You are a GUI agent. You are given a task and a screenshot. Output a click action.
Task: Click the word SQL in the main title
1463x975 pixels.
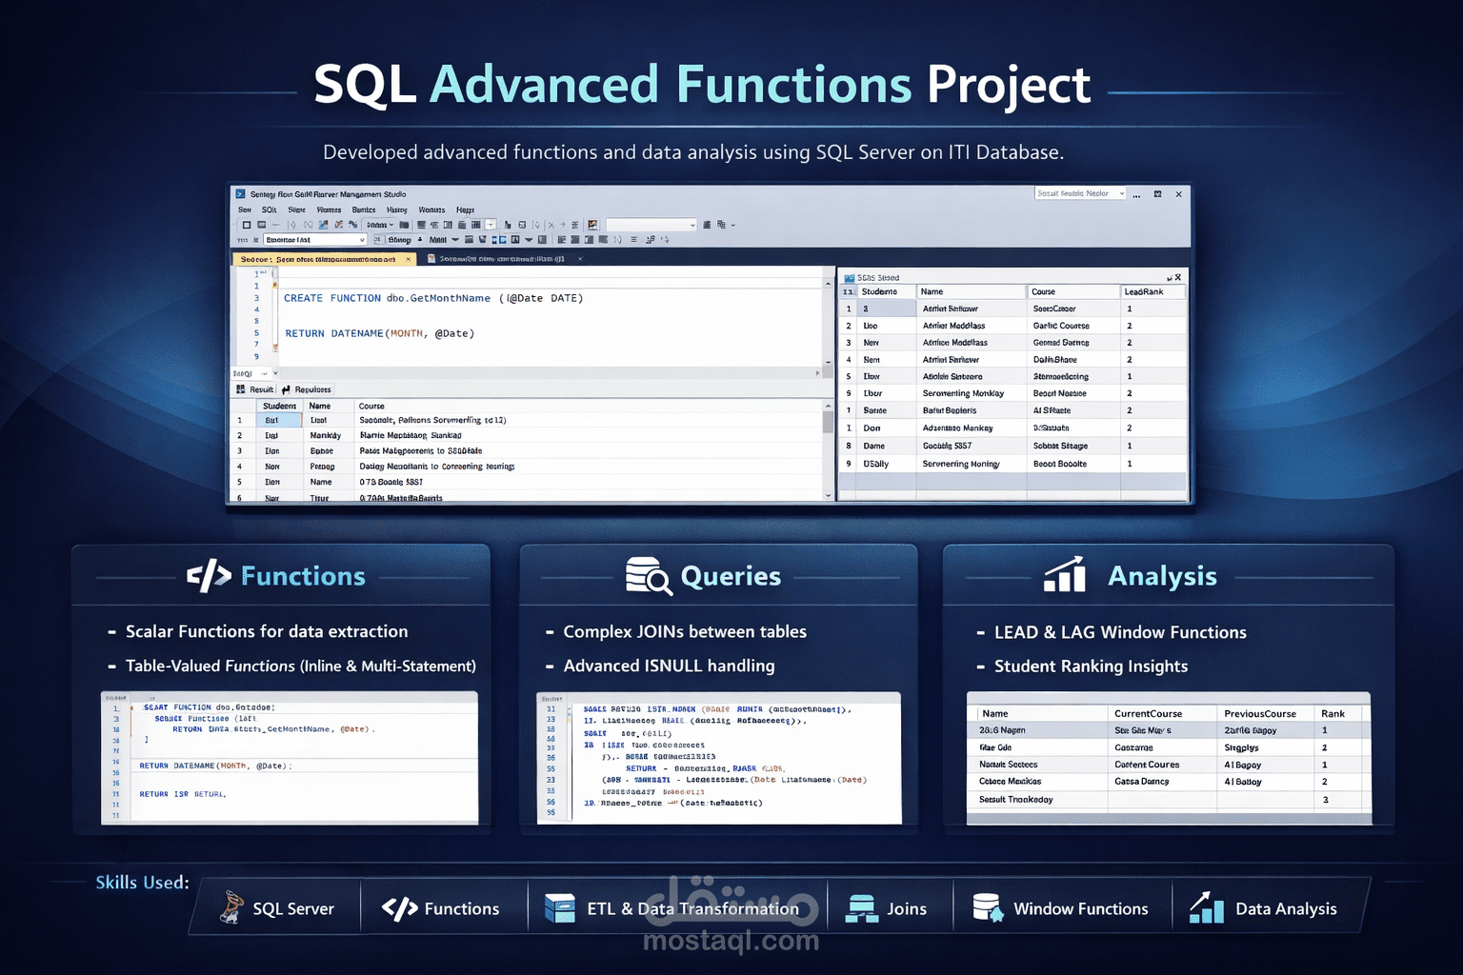point(365,86)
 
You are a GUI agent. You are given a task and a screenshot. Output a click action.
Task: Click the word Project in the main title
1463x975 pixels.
point(1008,86)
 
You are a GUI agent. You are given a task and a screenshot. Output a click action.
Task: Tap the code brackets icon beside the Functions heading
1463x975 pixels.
point(209,576)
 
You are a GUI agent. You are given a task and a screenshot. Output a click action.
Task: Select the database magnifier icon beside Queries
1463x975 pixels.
point(648,576)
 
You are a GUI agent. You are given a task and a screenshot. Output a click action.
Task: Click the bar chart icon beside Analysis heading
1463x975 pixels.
point(1065,575)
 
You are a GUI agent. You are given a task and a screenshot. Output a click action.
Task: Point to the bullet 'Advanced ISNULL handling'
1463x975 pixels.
point(669,667)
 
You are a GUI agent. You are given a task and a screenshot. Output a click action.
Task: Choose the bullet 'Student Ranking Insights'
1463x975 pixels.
point(1091,667)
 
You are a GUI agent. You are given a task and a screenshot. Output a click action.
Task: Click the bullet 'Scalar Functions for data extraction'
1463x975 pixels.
point(267,632)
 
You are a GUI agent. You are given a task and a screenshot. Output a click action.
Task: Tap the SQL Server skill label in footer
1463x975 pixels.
point(292,909)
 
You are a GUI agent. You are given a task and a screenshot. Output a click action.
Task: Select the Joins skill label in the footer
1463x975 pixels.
point(906,909)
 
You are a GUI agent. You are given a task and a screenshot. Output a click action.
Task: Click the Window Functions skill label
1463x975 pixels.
point(1080,909)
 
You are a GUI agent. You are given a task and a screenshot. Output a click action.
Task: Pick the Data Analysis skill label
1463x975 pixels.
point(1285,909)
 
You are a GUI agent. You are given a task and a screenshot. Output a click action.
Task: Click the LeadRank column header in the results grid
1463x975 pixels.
point(1143,292)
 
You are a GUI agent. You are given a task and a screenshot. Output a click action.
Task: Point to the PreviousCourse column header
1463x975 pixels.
point(1259,714)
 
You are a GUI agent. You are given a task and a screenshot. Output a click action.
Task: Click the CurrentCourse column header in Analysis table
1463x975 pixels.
point(1148,714)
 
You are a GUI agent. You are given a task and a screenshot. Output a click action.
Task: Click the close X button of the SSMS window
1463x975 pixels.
point(1178,194)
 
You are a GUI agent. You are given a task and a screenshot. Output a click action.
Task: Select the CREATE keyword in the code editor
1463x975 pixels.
point(303,299)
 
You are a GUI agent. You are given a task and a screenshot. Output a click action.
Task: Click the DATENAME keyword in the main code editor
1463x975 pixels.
point(357,334)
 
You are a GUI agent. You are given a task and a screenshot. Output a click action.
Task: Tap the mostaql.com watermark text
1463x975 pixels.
point(731,942)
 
